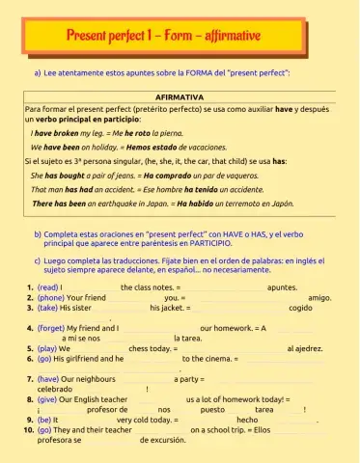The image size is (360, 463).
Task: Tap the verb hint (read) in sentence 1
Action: pyautogui.click(x=47, y=287)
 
